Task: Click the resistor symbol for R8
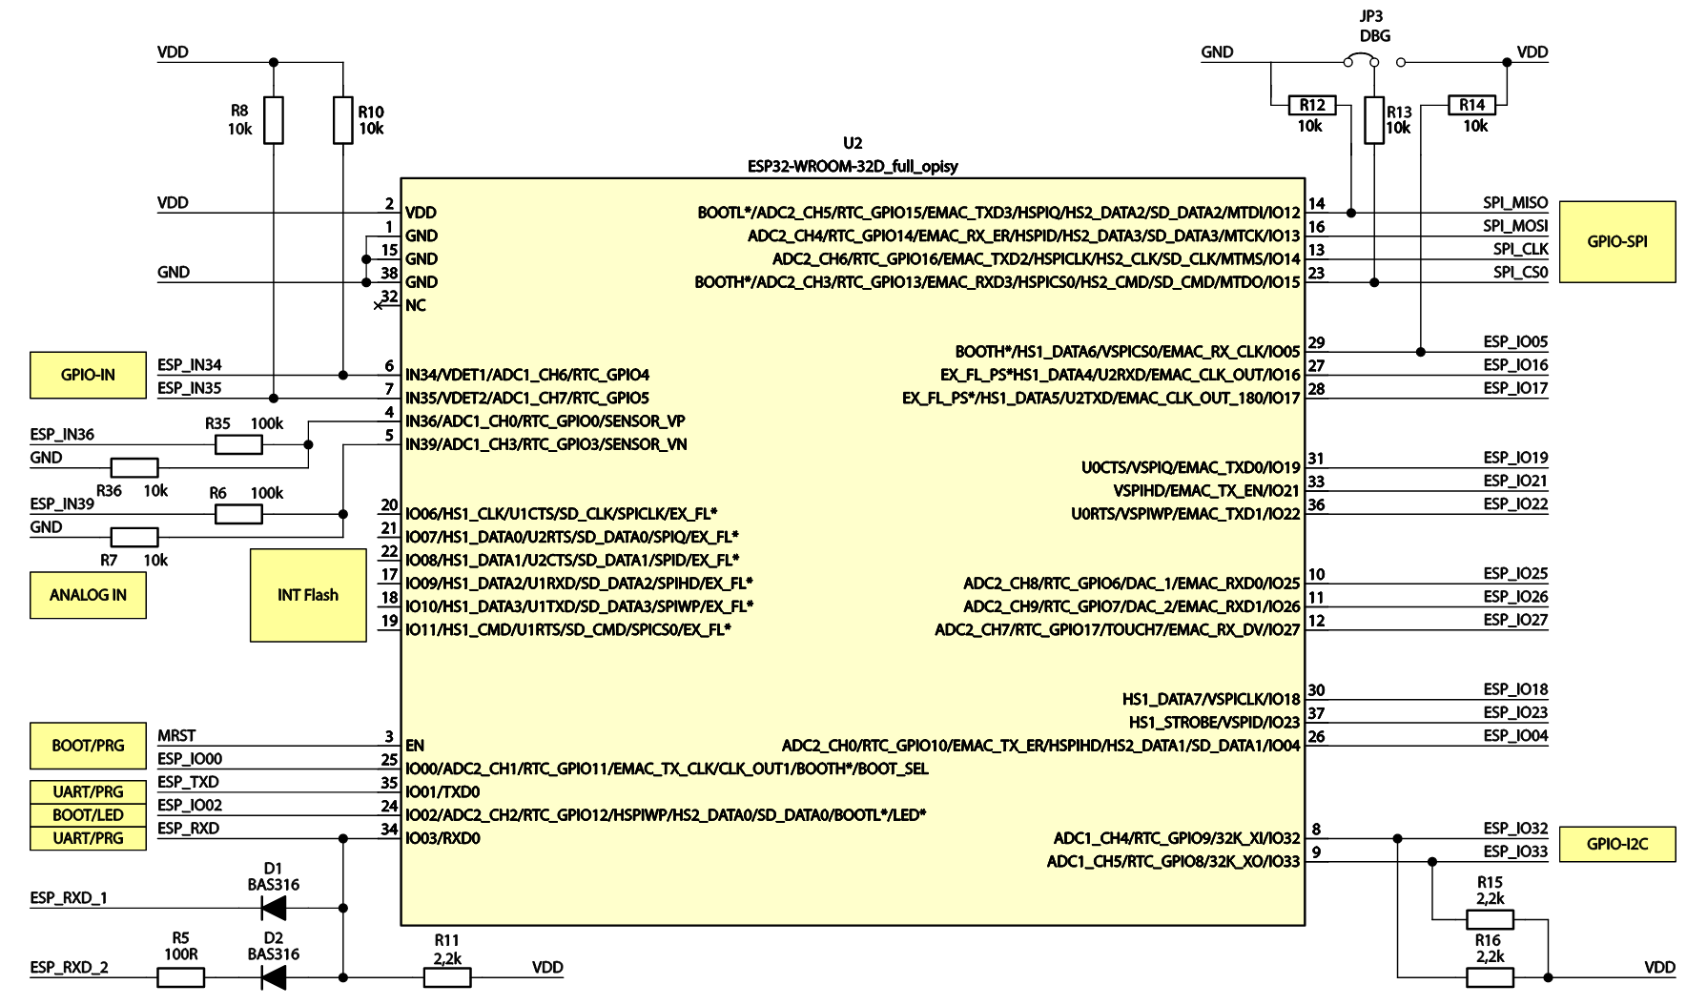coord(274,120)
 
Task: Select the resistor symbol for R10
coord(343,120)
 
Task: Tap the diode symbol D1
coord(274,908)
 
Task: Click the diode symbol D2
coord(274,977)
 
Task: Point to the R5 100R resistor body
coord(180,977)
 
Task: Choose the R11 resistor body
coord(446,977)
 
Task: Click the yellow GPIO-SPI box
coord(1616,241)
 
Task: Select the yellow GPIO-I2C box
coord(1616,844)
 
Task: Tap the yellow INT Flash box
coord(308,595)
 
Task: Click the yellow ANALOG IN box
coord(88,595)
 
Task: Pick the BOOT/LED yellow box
coord(88,815)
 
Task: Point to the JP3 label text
coord(1371,16)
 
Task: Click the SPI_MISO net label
coord(1514,202)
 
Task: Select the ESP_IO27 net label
coord(1514,620)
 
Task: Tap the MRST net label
coord(176,735)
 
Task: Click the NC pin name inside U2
coord(415,305)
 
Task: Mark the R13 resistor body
coord(1374,120)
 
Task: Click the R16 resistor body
coord(1490,977)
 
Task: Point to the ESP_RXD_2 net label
coord(69,967)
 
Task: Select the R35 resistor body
coord(238,444)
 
